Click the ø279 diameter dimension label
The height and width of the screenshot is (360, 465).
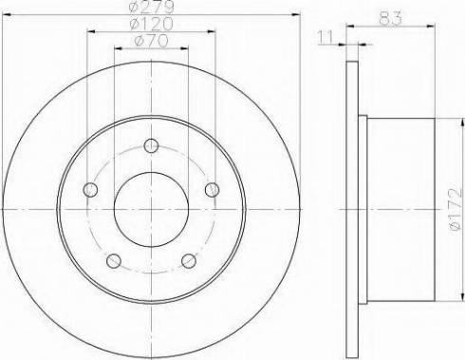152,7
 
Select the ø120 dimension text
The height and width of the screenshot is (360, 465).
152,24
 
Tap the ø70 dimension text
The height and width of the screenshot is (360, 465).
151,41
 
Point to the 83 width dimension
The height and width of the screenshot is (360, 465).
390,18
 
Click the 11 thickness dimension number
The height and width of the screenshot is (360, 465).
325,37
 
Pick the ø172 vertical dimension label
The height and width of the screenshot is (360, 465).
456,209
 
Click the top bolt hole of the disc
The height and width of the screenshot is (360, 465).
151,145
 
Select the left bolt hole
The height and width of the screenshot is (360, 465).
90,190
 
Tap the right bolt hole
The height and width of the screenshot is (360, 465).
212,190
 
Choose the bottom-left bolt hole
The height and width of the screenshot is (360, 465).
114,261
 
